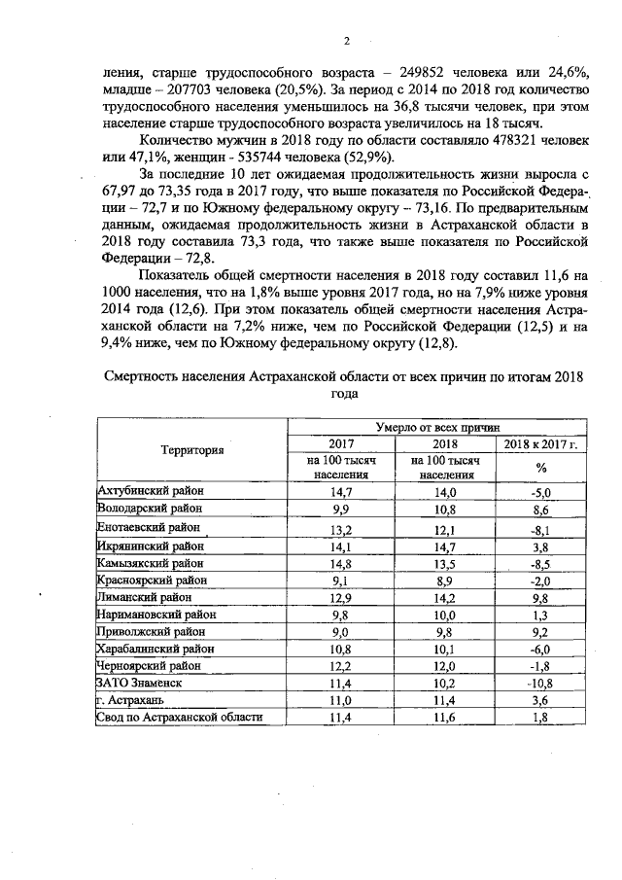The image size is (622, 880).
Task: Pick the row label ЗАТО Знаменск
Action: tap(140, 683)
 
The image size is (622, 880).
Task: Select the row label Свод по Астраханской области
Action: tap(180, 718)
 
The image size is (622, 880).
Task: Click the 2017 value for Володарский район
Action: tap(339, 510)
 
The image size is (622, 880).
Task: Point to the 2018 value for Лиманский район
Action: tap(446, 596)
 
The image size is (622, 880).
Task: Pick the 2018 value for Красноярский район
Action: tap(446, 579)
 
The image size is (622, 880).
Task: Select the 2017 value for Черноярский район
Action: tap(339, 665)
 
